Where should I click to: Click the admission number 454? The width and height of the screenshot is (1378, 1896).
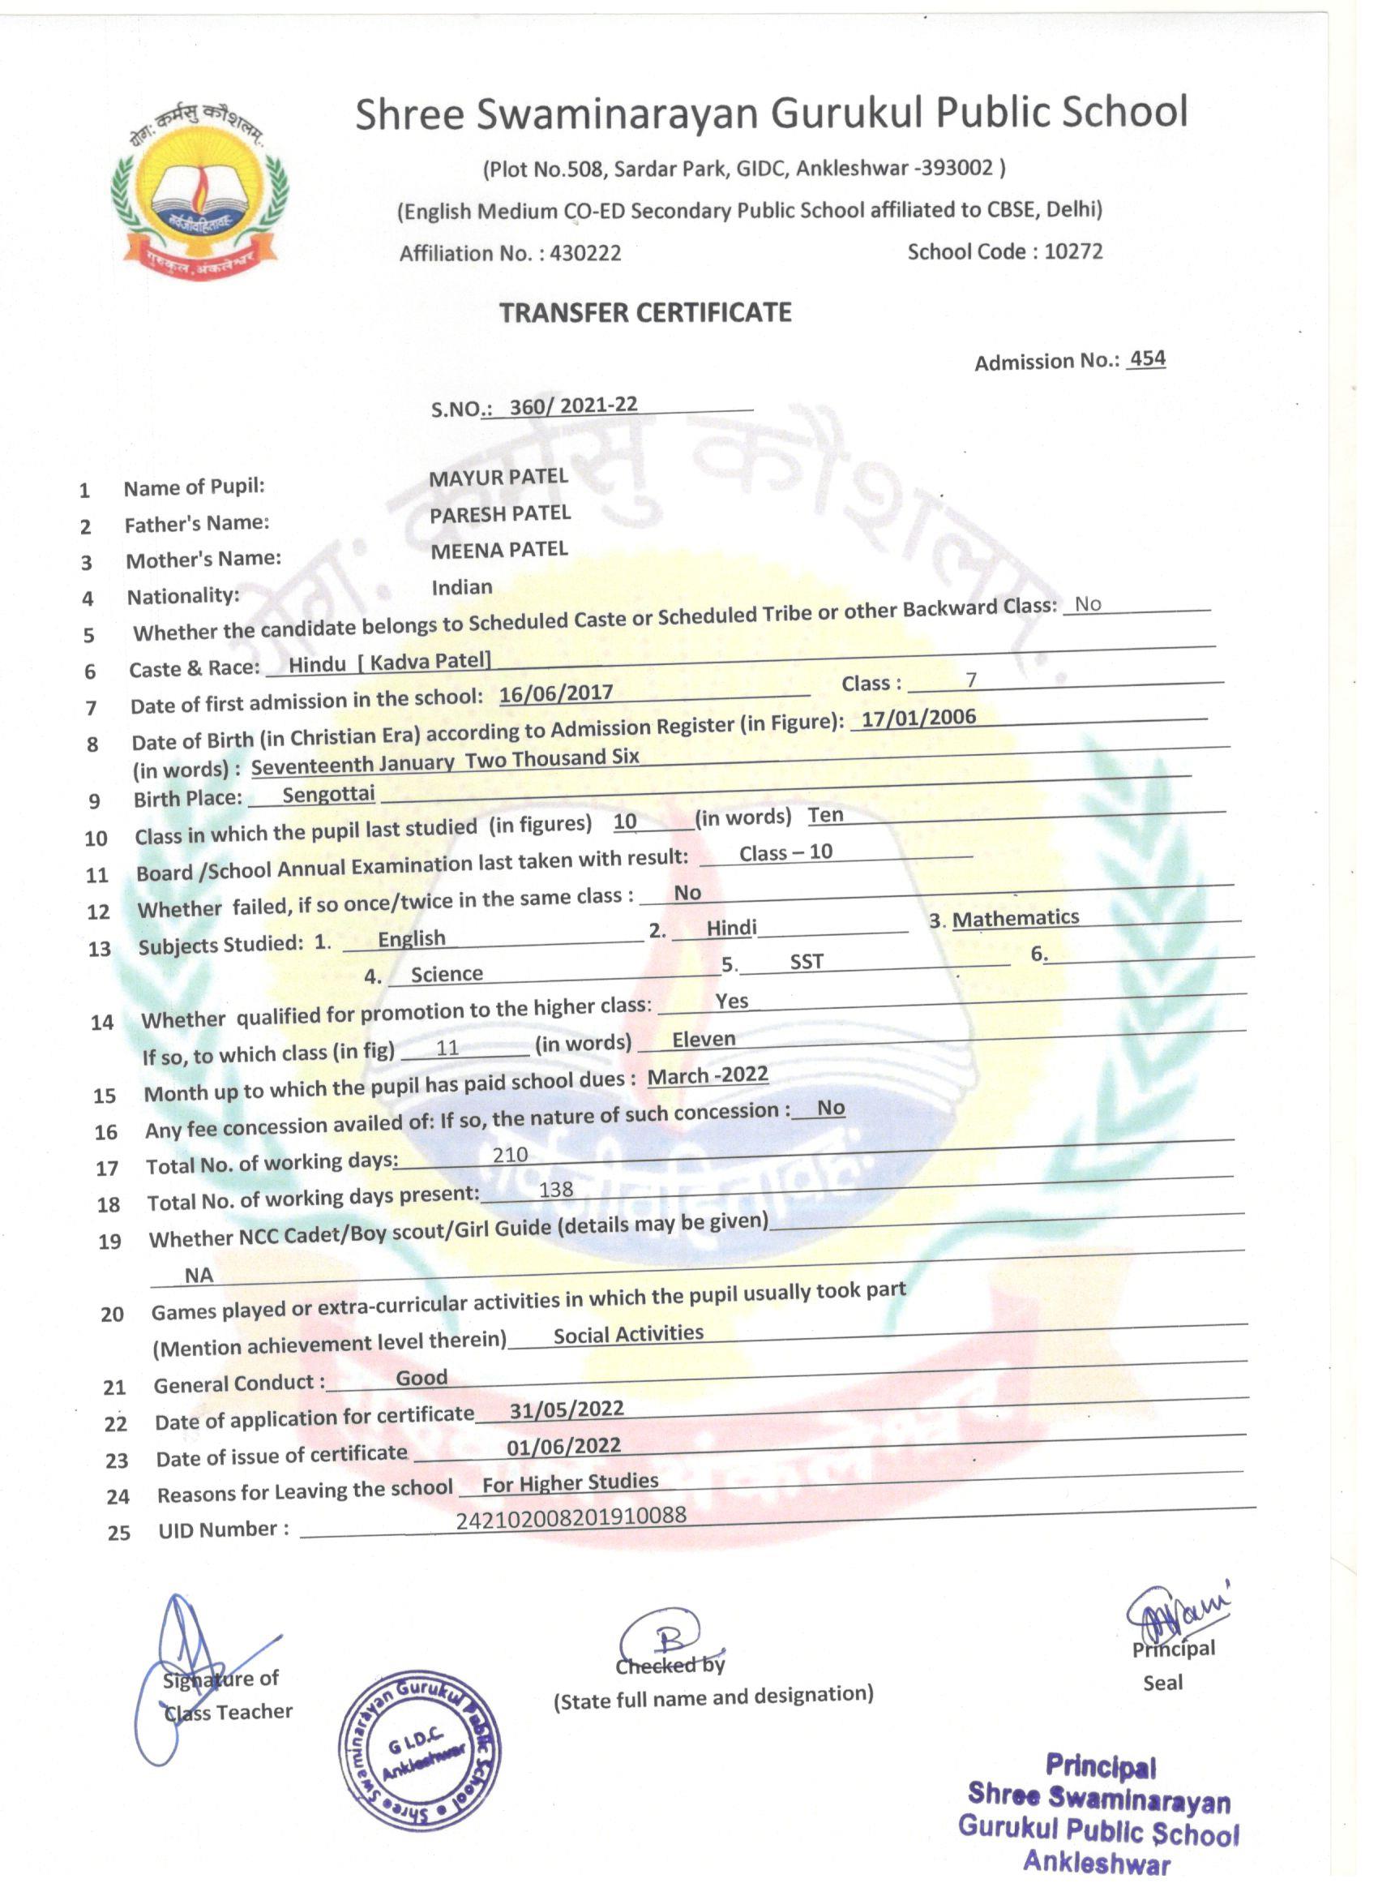coord(1146,358)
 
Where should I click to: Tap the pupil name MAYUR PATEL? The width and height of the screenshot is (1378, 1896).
coord(498,478)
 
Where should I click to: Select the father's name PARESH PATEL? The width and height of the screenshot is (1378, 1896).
coord(499,514)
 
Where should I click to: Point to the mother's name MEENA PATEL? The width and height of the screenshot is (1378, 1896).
coord(499,550)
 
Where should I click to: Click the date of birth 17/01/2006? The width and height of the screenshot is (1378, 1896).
coord(918,719)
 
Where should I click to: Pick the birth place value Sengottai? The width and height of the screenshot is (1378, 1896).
coord(328,794)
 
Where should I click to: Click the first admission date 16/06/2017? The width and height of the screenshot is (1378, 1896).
coord(556,694)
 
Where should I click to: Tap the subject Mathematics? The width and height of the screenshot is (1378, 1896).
coord(1016,918)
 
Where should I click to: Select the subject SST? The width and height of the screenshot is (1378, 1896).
coord(807,961)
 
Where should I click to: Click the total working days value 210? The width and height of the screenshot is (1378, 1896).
coord(510,1155)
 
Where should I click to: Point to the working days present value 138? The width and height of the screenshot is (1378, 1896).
coord(556,1190)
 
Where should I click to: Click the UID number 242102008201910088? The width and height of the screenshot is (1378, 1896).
coord(571,1516)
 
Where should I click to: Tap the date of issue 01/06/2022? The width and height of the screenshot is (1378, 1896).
coord(563,1446)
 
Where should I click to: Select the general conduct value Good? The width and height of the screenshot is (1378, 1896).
coord(422,1377)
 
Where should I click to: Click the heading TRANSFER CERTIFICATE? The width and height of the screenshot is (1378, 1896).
coord(645,313)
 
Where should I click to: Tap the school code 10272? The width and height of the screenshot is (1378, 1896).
coord(1073,251)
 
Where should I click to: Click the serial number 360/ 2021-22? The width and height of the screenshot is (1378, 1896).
coord(573,405)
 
